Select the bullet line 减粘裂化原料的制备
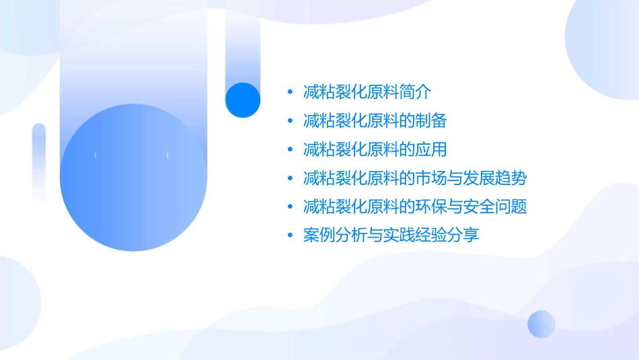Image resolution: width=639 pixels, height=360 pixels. pyautogui.click(x=375, y=121)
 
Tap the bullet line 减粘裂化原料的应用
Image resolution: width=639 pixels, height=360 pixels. pyautogui.click(x=375, y=149)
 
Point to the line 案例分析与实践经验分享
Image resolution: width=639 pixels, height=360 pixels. pyautogui.click(x=391, y=236)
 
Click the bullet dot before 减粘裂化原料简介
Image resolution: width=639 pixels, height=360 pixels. pyautogui.click(x=290, y=93)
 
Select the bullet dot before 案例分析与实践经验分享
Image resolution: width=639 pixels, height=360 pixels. pyautogui.click(x=290, y=236)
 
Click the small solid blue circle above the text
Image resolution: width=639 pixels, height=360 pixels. pyautogui.click(x=242, y=100)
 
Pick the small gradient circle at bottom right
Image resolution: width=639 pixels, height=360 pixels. pyautogui.click(x=541, y=324)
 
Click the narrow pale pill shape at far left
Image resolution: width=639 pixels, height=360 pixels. pyautogui.click(x=38, y=163)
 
